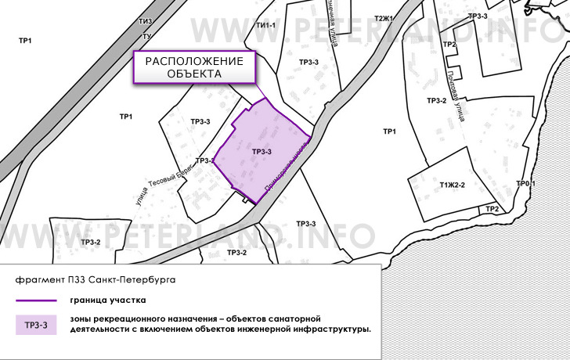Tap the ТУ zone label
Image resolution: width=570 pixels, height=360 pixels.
(x=146, y=37)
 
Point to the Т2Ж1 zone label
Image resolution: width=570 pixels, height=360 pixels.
(x=384, y=19)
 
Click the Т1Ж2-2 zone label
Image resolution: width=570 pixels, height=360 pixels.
(x=452, y=185)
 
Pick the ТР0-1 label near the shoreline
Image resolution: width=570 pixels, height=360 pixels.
(x=525, y=184)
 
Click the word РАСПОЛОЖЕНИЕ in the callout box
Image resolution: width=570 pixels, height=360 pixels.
(x=195, y=62)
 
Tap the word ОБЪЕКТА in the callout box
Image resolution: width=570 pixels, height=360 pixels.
(x=195, y=74)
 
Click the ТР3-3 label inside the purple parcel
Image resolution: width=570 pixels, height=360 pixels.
(x=262, y=152)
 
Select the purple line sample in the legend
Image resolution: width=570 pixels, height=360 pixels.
(x=35, y=300)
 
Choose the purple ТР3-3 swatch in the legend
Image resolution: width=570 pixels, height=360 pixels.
(x=35, y=324)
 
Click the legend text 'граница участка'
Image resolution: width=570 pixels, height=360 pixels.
(x=107, y=300)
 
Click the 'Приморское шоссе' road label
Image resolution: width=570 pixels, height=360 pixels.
(x=283, y=164)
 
